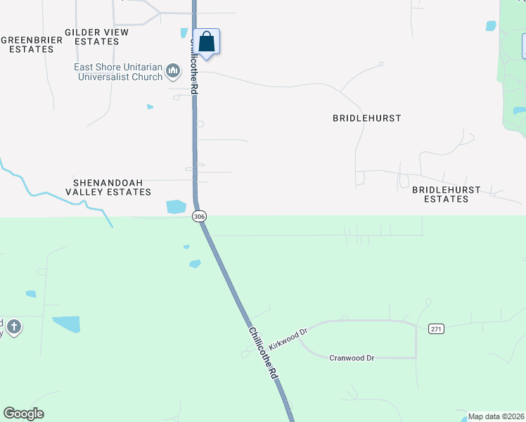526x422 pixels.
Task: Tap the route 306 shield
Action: coord(199,217)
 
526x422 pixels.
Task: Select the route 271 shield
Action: coord(436,328)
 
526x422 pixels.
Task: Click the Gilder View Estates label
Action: coord(96,37)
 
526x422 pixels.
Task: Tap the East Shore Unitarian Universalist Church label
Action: coord(119,72)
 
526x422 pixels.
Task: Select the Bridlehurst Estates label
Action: coord(446,194)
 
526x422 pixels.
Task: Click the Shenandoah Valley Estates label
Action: coord(108,186)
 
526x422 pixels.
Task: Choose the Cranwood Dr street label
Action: coord(352,358)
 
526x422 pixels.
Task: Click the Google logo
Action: coord(23,414)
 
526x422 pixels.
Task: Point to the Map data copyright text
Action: coord(496,416)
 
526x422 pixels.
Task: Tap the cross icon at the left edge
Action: coord(14,326)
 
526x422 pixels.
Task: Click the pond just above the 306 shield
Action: coord(176,207)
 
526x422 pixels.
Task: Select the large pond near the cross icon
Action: coord(67,324)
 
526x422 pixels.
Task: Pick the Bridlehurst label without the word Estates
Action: coord(366,118)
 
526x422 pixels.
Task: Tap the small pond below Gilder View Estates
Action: coord(150,107)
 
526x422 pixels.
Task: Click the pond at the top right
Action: coord(491,26)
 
